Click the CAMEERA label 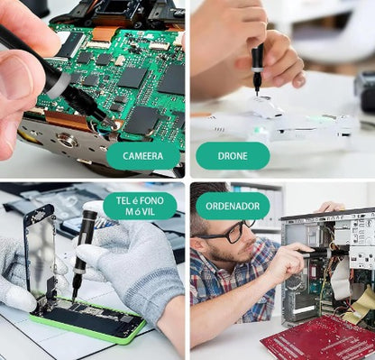tap(143, 156)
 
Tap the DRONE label tap(233, 156)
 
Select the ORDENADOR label tap(233, 206)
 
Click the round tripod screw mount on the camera tap(67, 139)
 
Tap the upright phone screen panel tap(41, 250)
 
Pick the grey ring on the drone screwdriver tap(257, 69)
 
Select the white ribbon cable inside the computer tap(341, 277)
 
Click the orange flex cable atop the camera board tap(105, 33)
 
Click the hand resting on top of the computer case tap(332, 207)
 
